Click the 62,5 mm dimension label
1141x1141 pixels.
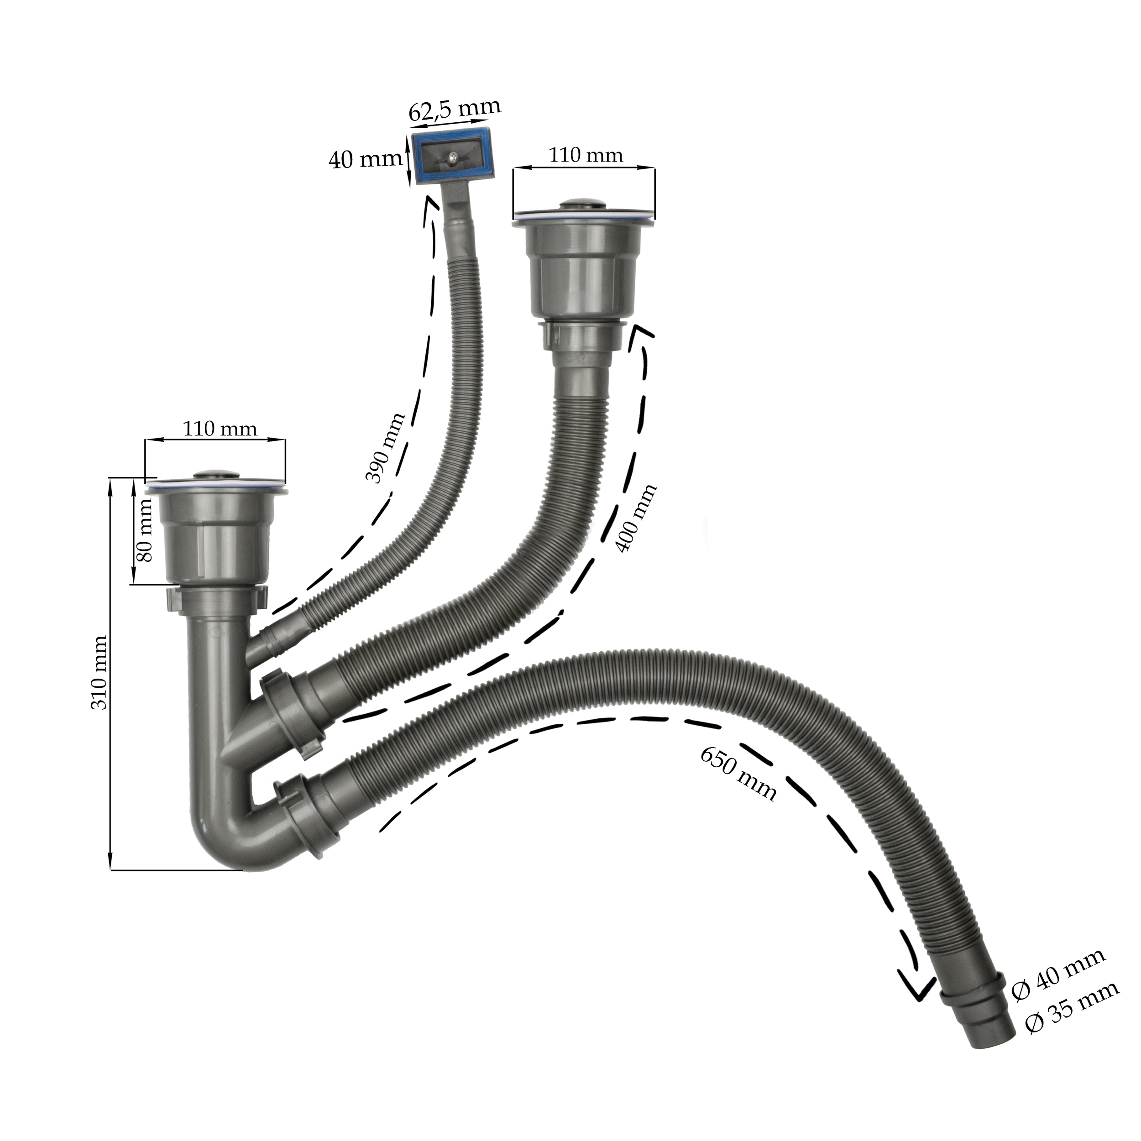tap(455, 109)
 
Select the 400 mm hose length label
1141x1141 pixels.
tap(635, 518)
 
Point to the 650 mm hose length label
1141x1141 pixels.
tap(738, 773)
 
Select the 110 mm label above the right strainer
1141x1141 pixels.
tap(586, 155)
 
